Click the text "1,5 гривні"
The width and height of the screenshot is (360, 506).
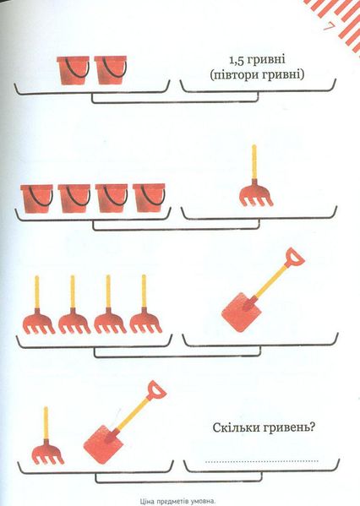(x=258, y=60)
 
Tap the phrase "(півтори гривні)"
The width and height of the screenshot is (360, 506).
(x=257, y=75)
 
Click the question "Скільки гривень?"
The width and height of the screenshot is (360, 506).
(x=264, y=428)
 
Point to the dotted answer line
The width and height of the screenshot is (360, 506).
(x=261, y=461)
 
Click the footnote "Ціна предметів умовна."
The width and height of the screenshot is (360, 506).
(x=177, y=502)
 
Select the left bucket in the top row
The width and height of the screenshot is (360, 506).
(x=73, y=71)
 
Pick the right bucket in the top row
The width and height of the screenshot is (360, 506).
(x=111, y=71)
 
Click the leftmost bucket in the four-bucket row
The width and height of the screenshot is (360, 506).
(x=37, y=199)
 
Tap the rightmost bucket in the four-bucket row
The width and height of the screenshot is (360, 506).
(x=149, y=199)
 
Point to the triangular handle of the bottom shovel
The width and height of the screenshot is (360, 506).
(x=156, y=390)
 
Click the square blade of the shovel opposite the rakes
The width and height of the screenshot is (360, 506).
(x=242, y=313)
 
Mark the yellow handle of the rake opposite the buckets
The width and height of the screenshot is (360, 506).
(x=254, y=161)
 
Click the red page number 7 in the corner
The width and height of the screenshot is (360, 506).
(x=328, y=27)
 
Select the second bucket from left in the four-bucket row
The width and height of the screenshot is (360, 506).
(x=74, y=199)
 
